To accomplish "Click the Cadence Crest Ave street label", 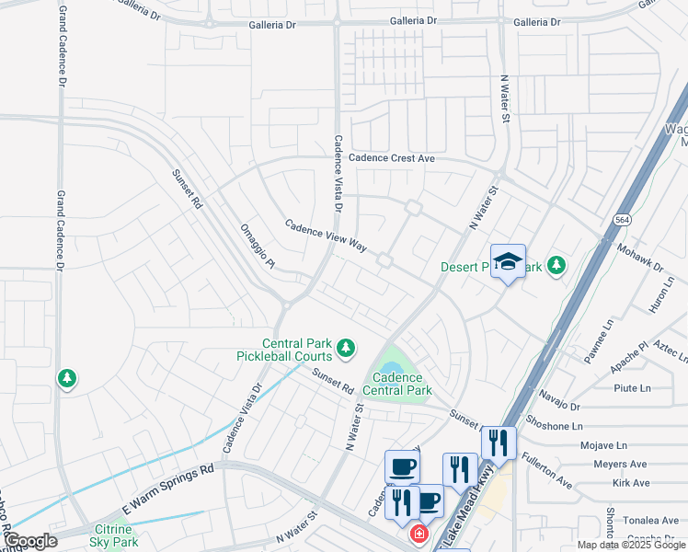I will point(391,158).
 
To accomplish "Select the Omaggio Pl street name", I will point(258,247).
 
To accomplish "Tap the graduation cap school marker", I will point(508,261).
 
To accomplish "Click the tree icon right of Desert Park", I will point(556,266).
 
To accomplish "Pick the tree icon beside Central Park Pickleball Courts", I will point(346,348).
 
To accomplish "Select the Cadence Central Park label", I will point(397,384).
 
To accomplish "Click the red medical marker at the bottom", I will point(419,534).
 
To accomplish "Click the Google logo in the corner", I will point(30,541).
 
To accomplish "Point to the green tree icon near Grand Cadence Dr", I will point(66,378).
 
